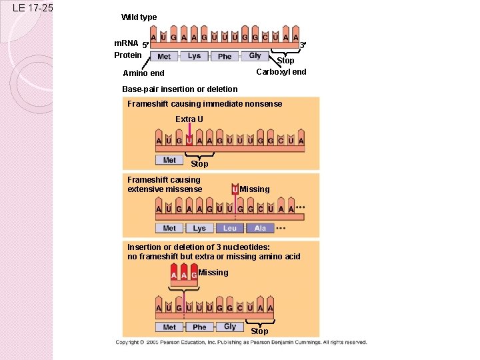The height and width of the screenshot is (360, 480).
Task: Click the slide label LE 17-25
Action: [x=33, y=9]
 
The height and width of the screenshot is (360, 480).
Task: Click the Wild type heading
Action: [x=139, y=17]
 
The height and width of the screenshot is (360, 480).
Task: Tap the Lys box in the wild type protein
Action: [x=194, y=56]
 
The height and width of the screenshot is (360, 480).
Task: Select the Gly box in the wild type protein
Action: [x=255, y=56]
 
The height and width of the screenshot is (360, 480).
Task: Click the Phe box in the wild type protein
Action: [x=225, y=57]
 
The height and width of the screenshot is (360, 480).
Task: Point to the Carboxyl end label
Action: [x=281, y=72]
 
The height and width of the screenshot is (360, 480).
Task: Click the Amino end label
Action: [x=143, y=73]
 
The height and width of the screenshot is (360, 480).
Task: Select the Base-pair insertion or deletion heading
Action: [x=179, y=89]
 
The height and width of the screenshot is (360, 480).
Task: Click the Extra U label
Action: [x=189, y=119]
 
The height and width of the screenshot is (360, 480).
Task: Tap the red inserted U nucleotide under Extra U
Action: [x=189, y=140]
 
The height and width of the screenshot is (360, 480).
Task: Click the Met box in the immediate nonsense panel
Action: [x=169, y=160]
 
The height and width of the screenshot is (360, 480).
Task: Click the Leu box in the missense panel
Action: [x=229, y=228]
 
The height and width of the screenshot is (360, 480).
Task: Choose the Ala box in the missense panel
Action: [x=260, y=228]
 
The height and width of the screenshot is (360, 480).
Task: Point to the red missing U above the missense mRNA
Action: [x=235, y=190]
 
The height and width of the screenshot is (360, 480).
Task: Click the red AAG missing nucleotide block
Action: [x=183, y=275]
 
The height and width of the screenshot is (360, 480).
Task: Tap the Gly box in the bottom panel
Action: [x=229, y=327]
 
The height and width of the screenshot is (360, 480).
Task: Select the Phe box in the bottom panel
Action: [x=199, y=327]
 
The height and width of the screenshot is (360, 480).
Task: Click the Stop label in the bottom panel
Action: [x=259, y=331]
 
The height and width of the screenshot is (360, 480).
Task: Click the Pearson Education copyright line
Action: [x=241, y=342]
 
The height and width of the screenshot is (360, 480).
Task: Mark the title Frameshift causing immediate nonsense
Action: [x=204, y=104]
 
